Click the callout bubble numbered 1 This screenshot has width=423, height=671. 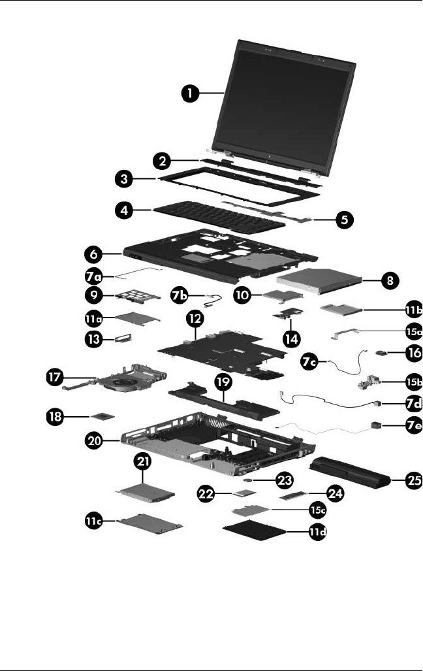click(x=191, y=94)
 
